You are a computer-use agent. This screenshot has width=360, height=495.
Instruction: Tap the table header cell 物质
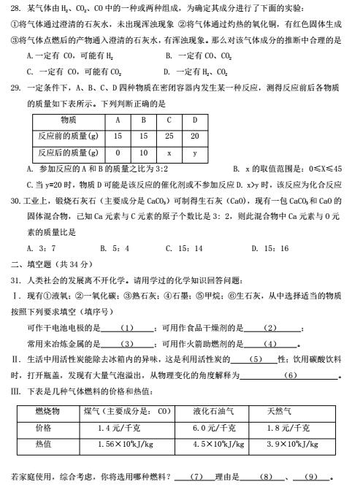70,120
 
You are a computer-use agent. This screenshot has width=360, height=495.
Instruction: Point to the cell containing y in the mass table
194,153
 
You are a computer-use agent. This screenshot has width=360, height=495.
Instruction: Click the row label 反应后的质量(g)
68,153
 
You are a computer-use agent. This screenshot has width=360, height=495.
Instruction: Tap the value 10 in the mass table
143,153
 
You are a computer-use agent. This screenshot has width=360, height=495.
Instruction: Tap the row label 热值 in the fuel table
44,443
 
